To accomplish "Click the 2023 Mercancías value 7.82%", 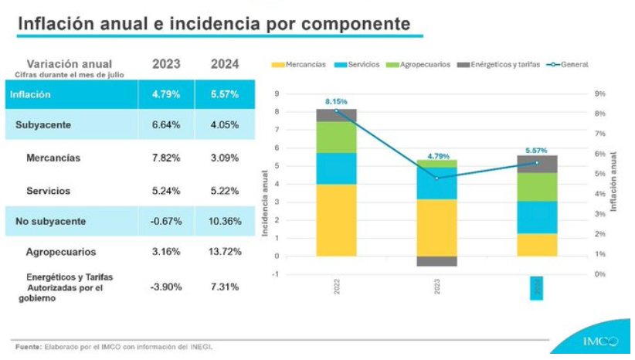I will click(x=166, y=158).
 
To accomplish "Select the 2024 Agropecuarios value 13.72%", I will click(x=225, y=251).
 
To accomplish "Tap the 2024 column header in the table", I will click(x=225, y=64).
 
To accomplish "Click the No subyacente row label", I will click(x=51, y=221).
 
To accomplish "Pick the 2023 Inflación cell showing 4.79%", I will click(x=166, y=94).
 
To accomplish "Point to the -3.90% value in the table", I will click(x=166, y=287).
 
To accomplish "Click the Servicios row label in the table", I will click(x=48, y=190).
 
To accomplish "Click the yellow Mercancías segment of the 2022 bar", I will click(x=336, y=219).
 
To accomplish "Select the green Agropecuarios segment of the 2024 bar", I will click(x=538, y=186).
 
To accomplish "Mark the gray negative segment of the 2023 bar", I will click(x=436, y=261).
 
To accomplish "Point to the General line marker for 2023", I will click(x=437, y=178).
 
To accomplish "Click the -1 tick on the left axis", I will click(x=276, y=274).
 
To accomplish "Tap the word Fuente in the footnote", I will click(x=28, y=347).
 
